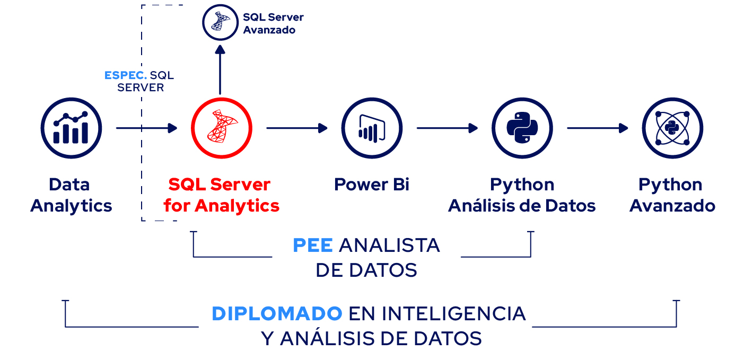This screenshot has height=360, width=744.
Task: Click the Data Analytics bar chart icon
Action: click(71, 128)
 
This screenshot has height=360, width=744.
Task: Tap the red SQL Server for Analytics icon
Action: click(222, 128)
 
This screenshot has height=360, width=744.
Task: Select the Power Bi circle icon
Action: click(372, 128)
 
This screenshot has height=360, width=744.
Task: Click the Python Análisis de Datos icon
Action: click(522, 128)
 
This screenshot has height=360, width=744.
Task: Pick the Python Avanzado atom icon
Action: click(672, 128)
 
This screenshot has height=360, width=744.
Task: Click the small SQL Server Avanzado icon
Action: click(220, 22)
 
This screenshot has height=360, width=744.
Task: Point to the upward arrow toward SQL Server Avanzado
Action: click(220, 70)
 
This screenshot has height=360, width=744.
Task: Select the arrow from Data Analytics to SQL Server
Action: click(146, 128)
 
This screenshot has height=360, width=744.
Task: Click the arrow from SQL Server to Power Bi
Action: click(297, 128)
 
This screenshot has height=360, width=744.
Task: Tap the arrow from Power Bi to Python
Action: click(447, 128)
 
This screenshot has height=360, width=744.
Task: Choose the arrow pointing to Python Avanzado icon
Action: click(598, 128)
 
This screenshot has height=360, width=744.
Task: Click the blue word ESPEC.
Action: click(126, 75)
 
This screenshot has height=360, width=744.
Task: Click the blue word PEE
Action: click(312, 245)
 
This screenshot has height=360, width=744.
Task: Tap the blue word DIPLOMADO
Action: click(277, 313)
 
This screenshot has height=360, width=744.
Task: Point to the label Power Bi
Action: click(372, 185)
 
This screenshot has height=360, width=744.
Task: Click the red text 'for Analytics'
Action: click(222, 206)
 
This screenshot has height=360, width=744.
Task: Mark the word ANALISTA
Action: click(389, 245)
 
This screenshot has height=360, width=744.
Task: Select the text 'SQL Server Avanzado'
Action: click(273, 23)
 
